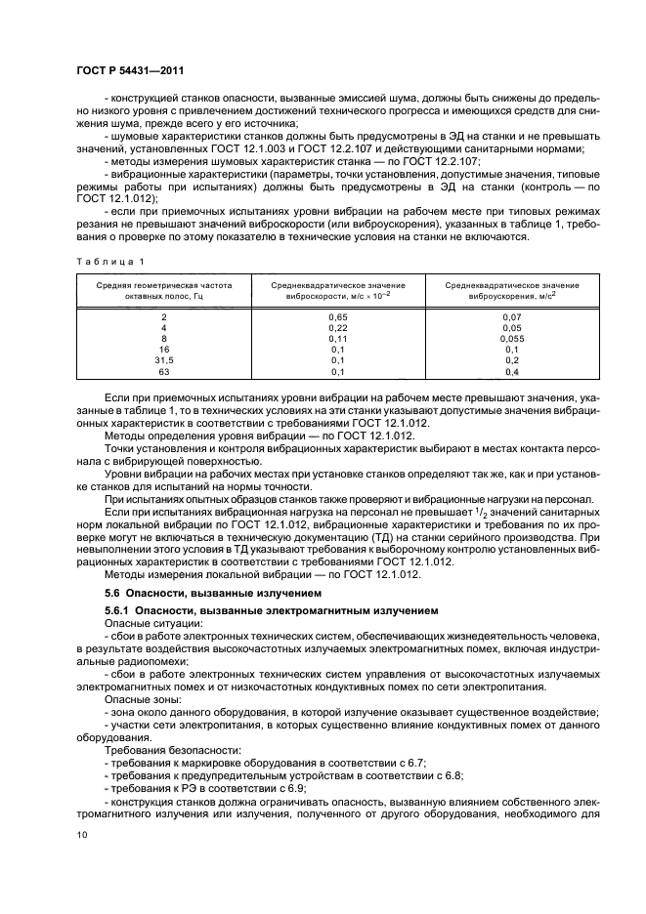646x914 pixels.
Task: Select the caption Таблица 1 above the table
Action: click(x=109, y=261)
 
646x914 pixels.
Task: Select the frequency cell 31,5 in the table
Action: click(x=164, y=360)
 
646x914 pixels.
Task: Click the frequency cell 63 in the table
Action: click(x=164, y=371)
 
